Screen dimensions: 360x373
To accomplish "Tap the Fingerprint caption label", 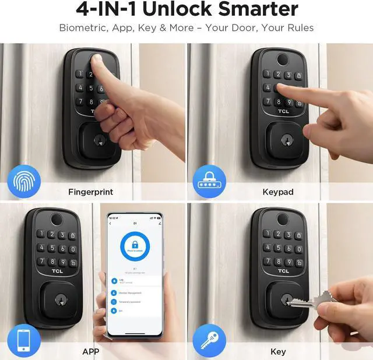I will click(x=90, y=191).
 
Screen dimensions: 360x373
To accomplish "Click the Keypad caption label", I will click(x=278, y=191).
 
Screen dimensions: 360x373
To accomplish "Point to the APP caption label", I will click(x=90, y=351).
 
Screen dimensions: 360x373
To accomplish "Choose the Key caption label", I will click(x=278, y=351).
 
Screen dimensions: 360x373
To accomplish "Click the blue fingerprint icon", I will click(x=23, y=182).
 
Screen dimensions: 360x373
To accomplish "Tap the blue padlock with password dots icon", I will click(x=210, y=182).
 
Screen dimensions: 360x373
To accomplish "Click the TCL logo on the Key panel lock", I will click(x=283, y=271).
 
